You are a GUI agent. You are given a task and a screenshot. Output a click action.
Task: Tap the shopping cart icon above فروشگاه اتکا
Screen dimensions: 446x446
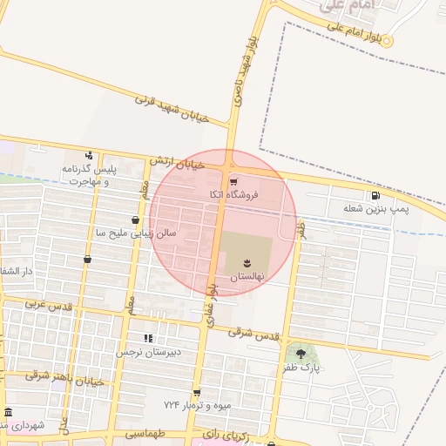233,181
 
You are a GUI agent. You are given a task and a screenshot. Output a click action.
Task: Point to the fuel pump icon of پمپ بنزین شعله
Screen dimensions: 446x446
375,196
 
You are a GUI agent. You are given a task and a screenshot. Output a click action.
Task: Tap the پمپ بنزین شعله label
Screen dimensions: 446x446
375,210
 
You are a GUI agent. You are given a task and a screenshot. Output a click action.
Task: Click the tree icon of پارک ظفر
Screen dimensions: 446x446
301,353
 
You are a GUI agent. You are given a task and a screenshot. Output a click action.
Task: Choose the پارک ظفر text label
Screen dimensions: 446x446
301,368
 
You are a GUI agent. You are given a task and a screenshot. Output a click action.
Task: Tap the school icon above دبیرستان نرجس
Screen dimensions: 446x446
148,339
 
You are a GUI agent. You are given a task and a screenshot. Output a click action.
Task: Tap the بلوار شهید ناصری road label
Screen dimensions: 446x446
245,71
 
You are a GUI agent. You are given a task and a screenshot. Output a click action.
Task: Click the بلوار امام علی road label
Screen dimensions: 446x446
355,32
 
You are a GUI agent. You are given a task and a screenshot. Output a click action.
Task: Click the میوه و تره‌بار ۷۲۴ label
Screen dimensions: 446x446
197,406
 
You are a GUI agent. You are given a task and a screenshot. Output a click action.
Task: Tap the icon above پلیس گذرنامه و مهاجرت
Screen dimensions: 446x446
88,155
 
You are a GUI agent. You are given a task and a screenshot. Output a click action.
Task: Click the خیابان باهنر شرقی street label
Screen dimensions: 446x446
65,375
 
